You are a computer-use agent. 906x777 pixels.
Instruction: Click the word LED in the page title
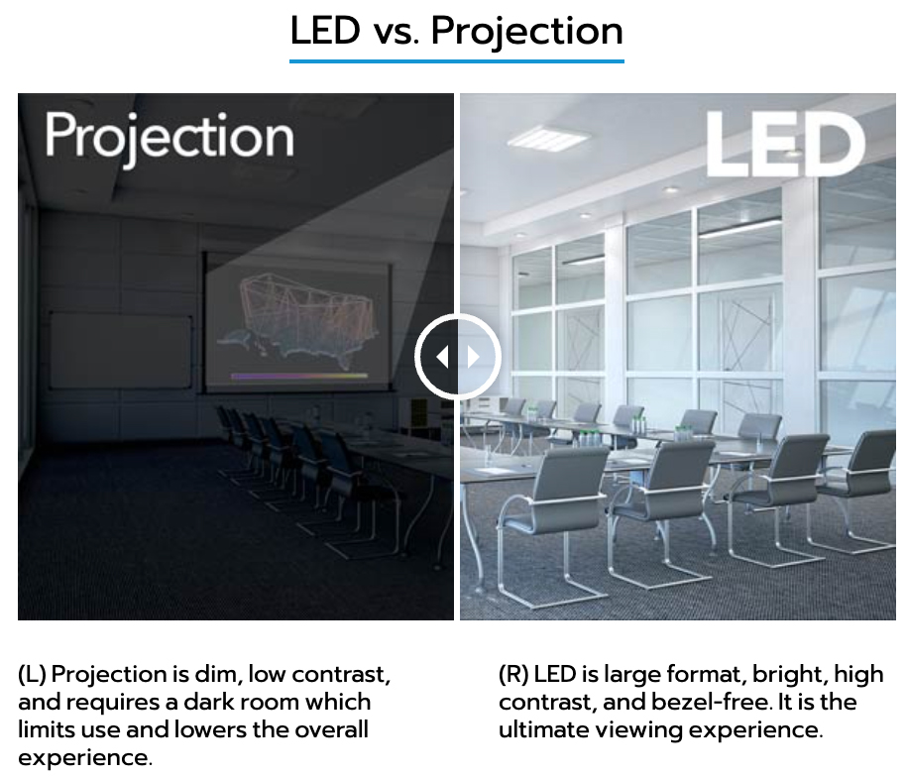[325, 30]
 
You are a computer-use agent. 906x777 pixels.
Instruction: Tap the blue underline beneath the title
[456, 60]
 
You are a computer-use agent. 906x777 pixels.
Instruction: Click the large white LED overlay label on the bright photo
[785, 145]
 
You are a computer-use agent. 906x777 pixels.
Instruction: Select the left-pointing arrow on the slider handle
[442, 357]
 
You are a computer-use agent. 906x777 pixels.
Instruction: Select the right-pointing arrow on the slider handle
[474, 357]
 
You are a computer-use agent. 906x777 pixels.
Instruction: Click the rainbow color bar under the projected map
[299, 376]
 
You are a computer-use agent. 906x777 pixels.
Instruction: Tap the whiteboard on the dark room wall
[121, 351]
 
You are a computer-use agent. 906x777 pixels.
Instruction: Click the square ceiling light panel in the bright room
[548, 138]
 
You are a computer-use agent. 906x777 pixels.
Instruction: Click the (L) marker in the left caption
[32, 674]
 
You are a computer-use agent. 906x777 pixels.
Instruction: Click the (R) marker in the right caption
[513, 674]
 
